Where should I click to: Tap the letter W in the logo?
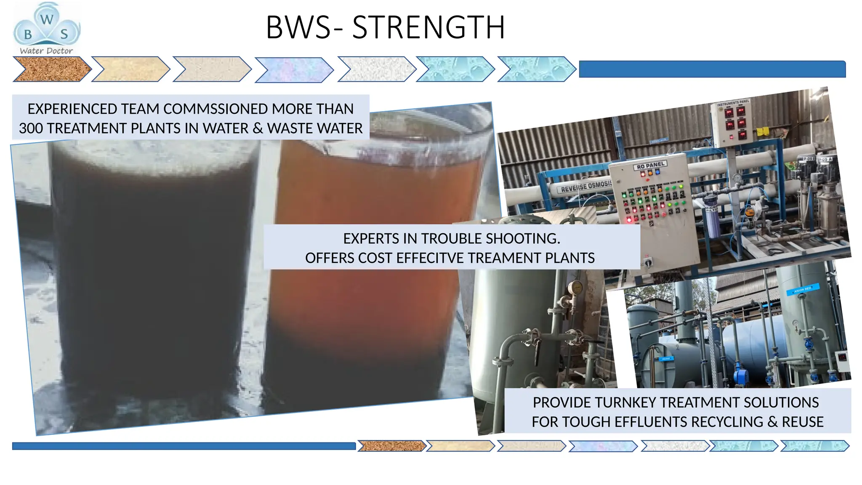47,19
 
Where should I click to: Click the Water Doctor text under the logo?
46,51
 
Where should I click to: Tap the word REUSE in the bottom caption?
802,422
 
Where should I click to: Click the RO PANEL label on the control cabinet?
650,165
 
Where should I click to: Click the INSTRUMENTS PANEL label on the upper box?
733,102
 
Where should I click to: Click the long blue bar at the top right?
712,69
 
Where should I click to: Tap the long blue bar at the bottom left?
184,446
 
